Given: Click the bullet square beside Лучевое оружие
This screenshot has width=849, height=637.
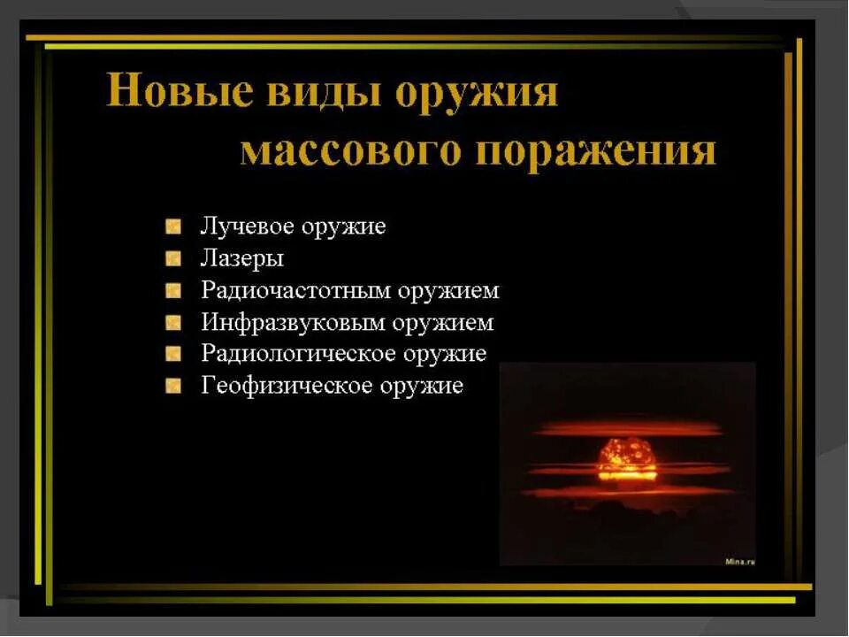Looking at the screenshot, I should click(173, 226).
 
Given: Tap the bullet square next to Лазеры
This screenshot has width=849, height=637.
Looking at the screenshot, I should click(173, 259).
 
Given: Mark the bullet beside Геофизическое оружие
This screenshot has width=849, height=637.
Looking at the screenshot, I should click(173, 386).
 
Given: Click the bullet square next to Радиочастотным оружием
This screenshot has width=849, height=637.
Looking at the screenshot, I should click(173, 291).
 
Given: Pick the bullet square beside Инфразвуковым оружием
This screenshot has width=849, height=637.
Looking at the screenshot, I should click(173, 323).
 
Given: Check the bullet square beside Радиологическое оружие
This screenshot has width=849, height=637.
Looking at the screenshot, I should click(173, 354).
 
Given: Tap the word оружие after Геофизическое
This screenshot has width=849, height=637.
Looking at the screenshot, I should click(422, 387).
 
